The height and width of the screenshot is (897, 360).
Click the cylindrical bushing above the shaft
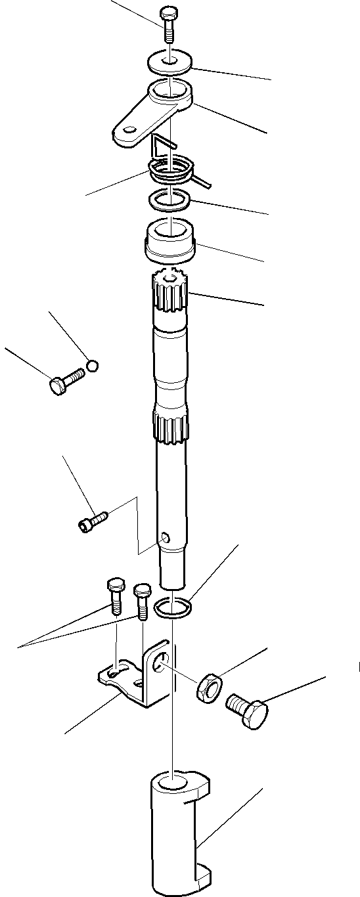169,240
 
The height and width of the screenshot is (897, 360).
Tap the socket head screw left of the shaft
93,522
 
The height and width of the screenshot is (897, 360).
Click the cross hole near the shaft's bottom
166,538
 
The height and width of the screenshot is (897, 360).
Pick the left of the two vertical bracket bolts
114,594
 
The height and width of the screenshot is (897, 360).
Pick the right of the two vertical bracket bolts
141,600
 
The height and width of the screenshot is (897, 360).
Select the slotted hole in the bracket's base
115,672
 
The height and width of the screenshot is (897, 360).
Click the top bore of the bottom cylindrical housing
173,783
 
